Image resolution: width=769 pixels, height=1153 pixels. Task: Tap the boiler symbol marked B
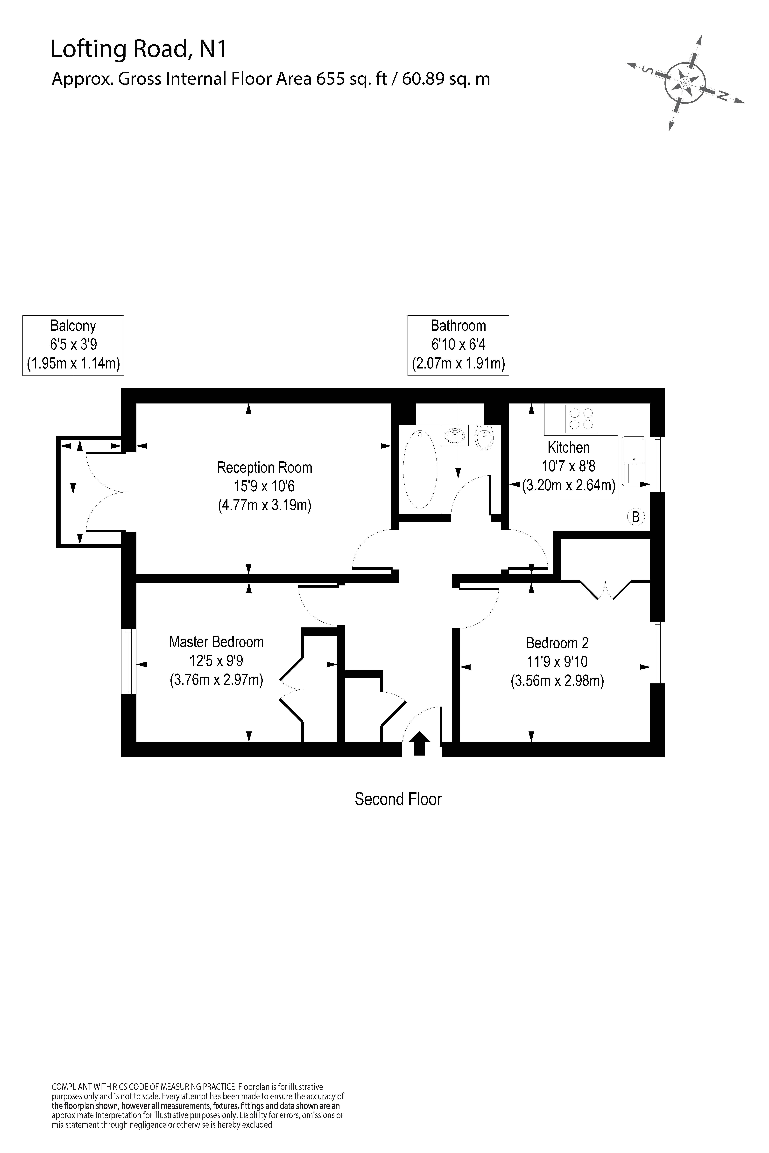[x=636, y=517]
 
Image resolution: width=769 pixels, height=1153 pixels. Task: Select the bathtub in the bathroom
[x=420, y=469]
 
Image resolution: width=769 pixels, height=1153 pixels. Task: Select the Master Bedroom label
[x=216, y=642]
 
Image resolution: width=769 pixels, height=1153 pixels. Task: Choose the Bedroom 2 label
[x=557, y=643]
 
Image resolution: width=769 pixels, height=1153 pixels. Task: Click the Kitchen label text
[x=568, y=448]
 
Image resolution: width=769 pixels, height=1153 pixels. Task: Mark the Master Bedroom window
[x=129, y=662]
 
